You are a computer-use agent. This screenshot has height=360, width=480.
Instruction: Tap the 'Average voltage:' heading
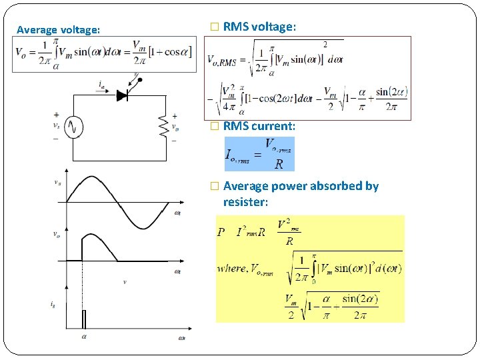59,29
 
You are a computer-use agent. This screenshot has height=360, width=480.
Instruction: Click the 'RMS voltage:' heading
259,27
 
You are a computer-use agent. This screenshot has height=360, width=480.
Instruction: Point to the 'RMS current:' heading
259,125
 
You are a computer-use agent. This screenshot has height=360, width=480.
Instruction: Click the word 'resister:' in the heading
245,201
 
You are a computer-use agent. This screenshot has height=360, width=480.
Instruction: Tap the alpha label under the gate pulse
84,337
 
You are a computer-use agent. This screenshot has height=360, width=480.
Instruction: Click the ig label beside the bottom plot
53,304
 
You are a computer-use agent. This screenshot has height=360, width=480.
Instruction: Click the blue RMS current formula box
259,154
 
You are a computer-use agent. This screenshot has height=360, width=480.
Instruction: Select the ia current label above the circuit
101,84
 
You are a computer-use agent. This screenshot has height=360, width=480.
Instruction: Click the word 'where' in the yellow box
231,268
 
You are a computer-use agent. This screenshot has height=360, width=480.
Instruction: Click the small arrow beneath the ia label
102,91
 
